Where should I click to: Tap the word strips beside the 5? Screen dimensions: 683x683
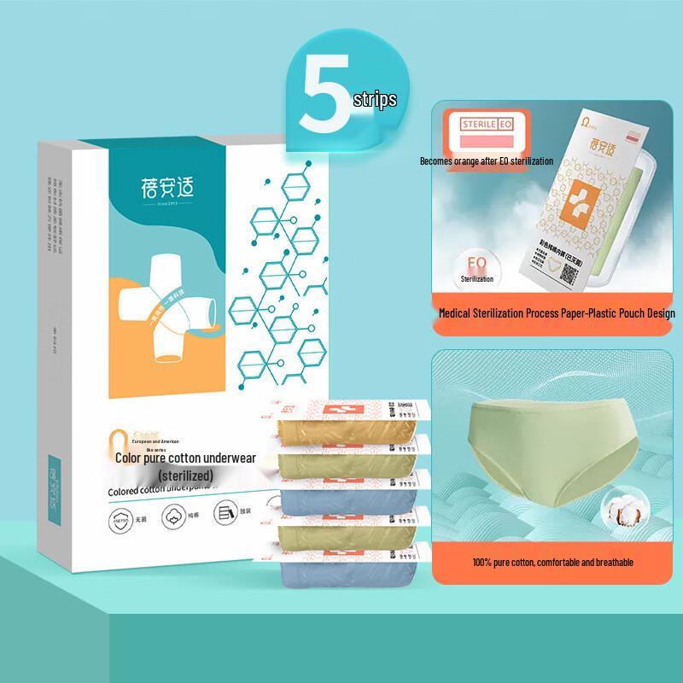pyautogui.click(x=375, y=100)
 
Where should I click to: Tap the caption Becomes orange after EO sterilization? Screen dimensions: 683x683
pyautogui.click(x=486, y=161)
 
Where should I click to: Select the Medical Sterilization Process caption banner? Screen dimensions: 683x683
pyautogui.click(x=556, y=313)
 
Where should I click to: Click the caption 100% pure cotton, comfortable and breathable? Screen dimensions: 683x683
pyautogui.click(x=552, y=563)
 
